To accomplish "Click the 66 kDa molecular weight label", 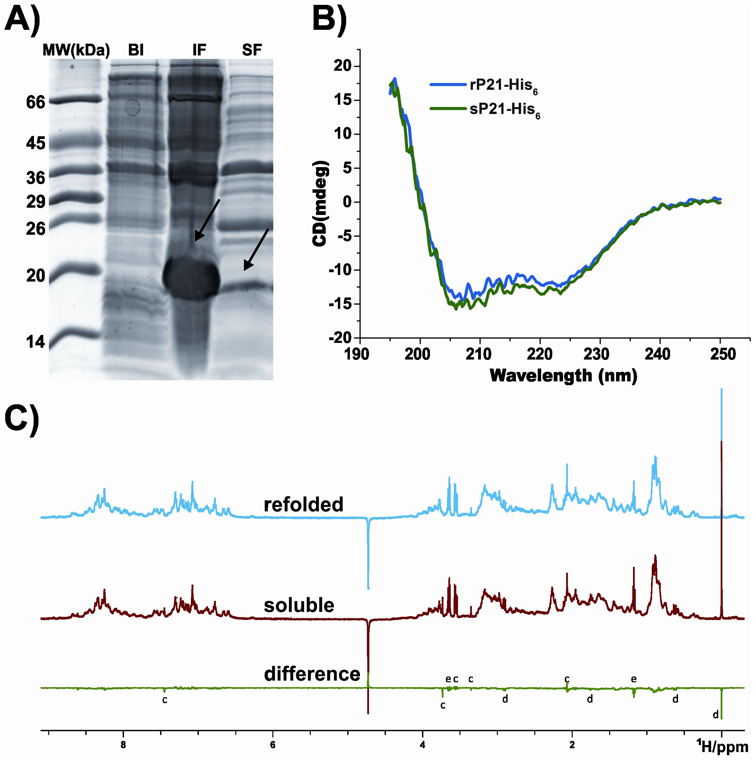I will point(36,102).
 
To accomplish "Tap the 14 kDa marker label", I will point(36,342).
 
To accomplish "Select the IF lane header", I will point(199,50).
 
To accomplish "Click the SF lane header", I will point(252,50).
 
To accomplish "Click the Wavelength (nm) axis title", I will point(563,376).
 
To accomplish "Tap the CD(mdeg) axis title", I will point(320,204).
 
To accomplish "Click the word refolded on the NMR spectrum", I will point(304,505).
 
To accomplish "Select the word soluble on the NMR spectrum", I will point(299,605).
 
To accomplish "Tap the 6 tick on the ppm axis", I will point(272,745).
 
